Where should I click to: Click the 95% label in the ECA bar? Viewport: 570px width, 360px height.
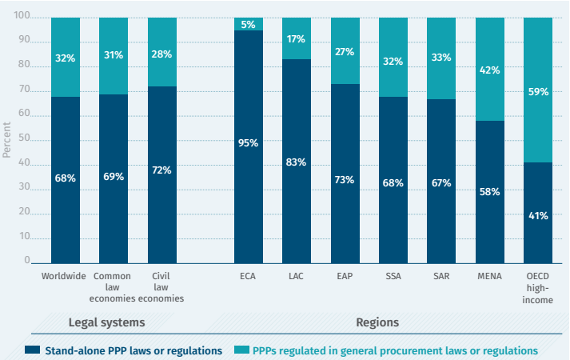[249, 144]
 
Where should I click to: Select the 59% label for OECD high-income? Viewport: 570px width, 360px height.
[538, 92]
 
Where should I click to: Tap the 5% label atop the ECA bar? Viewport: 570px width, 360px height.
[249, 23]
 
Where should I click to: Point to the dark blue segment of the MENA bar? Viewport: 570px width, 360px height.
[490, 216]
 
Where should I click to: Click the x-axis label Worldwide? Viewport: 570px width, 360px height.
[65, 276]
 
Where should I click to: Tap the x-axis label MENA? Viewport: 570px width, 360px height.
[490, 276]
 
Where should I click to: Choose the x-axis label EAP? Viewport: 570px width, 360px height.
[345, 276]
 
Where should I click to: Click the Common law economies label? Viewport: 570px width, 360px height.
[113, 287]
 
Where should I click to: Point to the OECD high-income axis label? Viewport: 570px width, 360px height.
[538, 287]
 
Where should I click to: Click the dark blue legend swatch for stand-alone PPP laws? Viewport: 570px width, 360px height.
[33, 350]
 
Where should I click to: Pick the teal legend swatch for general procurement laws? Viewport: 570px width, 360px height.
[241, 350]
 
